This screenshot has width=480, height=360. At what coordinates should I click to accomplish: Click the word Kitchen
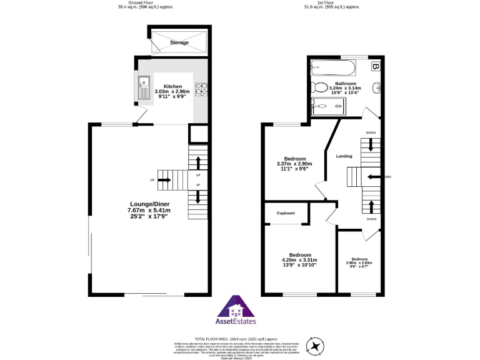click(172, 86)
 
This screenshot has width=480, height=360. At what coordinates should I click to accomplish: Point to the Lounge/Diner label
click(149, 204)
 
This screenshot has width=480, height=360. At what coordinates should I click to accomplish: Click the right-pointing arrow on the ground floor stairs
click(166, 181)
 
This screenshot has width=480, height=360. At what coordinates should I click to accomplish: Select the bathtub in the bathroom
click(333, 66)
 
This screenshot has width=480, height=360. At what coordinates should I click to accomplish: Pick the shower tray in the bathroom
click(328, 107)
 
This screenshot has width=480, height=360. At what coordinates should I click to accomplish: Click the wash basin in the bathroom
click(377, 87)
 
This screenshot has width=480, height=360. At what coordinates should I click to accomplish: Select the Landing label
click(344, 156)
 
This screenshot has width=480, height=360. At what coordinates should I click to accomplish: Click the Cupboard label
click(286, 213)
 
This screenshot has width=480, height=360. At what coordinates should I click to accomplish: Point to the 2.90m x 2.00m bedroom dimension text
click(359, 262)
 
